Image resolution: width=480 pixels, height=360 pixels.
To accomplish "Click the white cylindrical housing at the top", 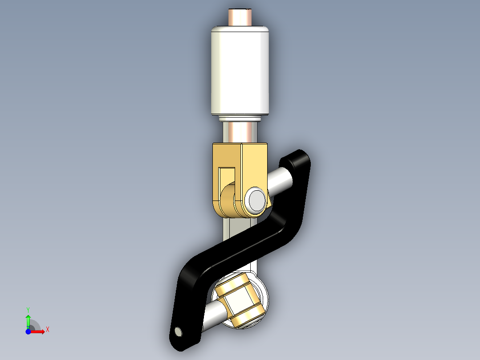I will click(240, 71).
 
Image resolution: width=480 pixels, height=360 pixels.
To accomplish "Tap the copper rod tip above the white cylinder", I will click(240, 17).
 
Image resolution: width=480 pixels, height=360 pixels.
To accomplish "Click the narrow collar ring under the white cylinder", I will click(240, 119).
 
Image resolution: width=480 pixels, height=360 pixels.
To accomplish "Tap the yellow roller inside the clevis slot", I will click(228, 198).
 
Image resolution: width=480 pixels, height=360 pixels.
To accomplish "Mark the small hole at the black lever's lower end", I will click(179, 331).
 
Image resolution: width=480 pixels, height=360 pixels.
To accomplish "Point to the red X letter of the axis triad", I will click(47, 330).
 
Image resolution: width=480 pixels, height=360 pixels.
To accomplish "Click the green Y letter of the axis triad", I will click(28, 309).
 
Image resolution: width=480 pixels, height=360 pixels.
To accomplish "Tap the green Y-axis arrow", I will click(28, 320).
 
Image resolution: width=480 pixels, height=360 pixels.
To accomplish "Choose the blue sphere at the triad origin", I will click(28, 332).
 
